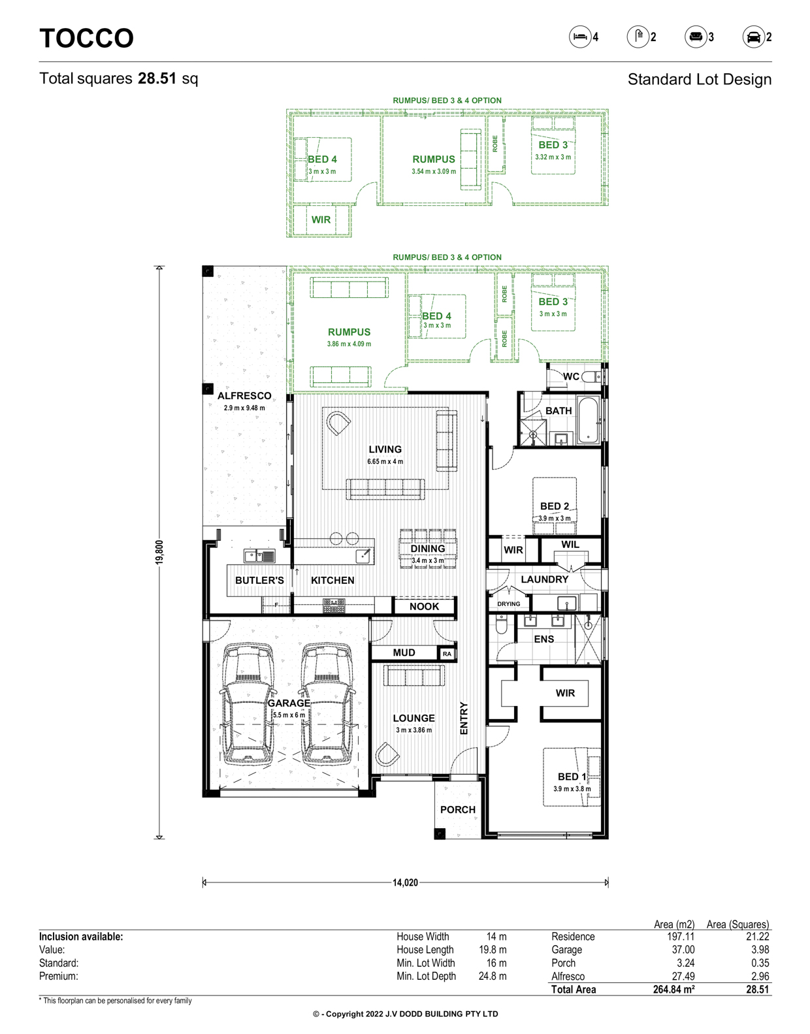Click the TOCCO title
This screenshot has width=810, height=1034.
click(86, 38)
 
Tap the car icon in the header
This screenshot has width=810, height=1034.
click(753, 37)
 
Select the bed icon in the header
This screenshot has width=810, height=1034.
click(580, 37)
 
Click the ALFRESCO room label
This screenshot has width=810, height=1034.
click(244, 396)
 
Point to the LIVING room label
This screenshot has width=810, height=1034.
click(385, 449)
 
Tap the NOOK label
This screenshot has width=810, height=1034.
click(424, 607)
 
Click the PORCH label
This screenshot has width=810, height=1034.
click(457, 810)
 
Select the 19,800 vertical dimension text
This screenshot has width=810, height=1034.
click(159, 553)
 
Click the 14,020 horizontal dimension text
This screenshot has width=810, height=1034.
click(405, 882)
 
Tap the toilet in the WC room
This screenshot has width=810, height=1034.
click(592, 377)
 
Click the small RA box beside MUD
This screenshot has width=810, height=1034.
click(447, 654)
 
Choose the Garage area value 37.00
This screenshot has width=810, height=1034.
click(683, 950)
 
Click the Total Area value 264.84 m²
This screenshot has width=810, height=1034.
click(673, 990)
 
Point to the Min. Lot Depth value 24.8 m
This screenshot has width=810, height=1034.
click(493, 977)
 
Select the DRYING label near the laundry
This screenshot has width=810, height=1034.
click(508, 604)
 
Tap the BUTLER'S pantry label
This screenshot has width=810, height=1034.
click(259, 581)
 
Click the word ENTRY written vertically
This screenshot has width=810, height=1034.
click(464, 718)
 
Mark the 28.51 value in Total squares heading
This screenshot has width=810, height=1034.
click(157, 78)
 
